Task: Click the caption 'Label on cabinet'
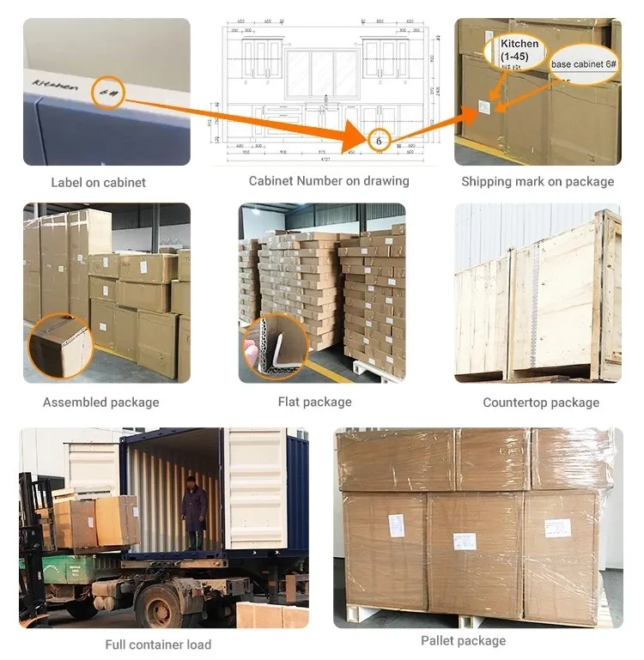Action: (98, 182)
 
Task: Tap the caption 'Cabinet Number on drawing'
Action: (329, 181)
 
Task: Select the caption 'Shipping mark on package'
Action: (538, 181)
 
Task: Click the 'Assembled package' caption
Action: (100, 402)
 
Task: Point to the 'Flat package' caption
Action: (314, 402)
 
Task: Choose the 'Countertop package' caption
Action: (541, 402)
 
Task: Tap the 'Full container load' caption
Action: (158, 644)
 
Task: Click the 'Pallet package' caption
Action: (463, 640)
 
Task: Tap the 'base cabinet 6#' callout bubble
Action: (581, 64)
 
